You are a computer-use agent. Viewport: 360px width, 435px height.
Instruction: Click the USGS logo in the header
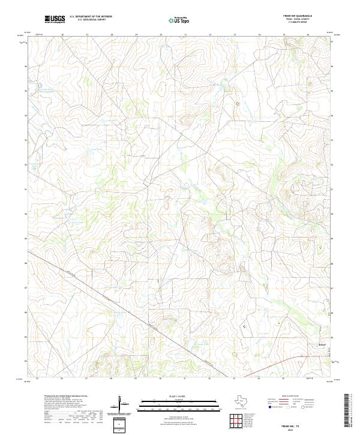point(55,20)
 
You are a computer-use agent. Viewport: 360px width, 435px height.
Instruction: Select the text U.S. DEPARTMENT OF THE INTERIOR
point(91,17)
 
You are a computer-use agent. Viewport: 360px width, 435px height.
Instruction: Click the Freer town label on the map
point(322,344)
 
